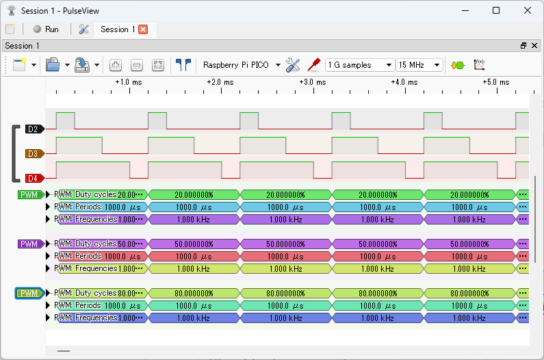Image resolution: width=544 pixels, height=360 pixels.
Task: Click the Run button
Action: pos(45,29)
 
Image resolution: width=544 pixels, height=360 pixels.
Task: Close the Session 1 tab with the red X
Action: pos(143,29)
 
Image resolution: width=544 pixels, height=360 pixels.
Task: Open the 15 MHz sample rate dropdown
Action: pos(419,65)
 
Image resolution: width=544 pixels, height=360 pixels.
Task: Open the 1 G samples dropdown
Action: pos(360,65)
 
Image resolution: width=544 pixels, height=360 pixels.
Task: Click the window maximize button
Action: pos(496,10)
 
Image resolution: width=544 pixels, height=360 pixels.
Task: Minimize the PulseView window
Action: pos(465,10)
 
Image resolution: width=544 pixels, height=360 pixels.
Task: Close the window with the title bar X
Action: pos(528,10)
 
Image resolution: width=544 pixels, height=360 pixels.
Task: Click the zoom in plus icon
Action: pos(116,65)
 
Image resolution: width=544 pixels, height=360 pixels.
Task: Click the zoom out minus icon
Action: pos(137,65)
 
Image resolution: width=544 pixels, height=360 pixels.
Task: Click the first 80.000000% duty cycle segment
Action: pos(194,293)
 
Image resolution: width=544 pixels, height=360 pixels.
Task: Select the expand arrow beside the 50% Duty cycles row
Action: pos(48,244)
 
